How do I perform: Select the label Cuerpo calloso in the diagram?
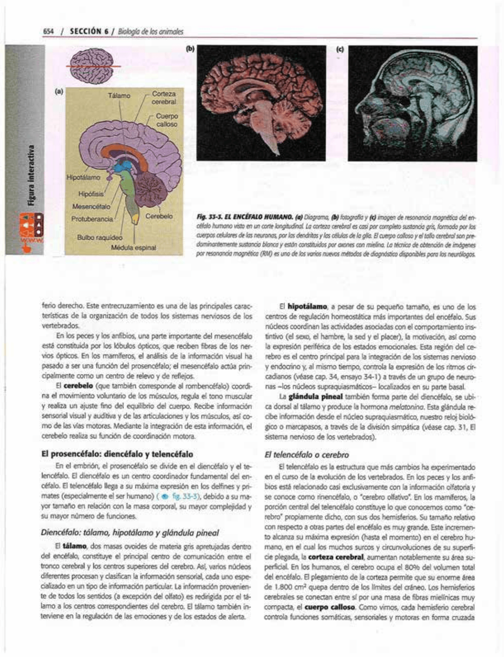(x=167, y=120)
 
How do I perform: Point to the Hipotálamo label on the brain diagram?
(x=83, y=177)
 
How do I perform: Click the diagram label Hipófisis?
(x=91, y=194)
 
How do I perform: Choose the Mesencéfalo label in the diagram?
(x=91, y=206)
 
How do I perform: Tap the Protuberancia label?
(x=92, y=219)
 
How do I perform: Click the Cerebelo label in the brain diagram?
(x=159, y=216)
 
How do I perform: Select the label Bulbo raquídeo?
(x=100, y=237)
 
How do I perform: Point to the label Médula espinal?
(x=134, y=248)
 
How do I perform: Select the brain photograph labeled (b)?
(x=261, y=103)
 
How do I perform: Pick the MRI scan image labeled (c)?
(x=412, y=103)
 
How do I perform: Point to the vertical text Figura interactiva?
(x=31, y=176)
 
